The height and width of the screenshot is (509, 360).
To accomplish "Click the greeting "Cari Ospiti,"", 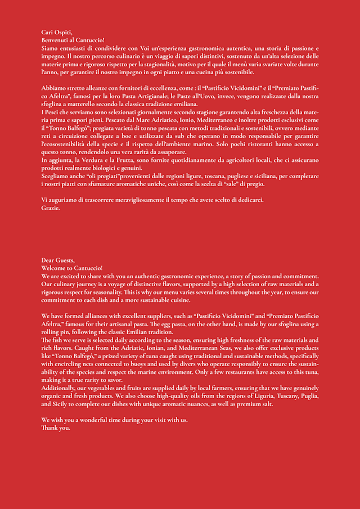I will pyautogui.click(x=56, y=33).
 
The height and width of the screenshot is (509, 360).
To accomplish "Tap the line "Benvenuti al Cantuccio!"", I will pyautogui.click(x=73, y=40).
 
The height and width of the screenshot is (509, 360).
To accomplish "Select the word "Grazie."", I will pyautogui.click(x=51, y=208).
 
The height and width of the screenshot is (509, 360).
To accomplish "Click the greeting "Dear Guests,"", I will pyautogui.click(x=58, y=260).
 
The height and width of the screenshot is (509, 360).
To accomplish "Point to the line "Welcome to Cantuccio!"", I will pyautogui.click(x=72, y=268).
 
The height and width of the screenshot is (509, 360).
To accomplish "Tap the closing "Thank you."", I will pyautogui.click(x=56, y=428).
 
